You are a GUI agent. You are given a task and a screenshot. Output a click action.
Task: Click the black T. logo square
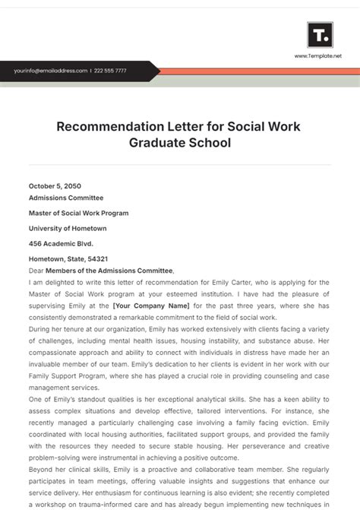pyautogui.click(x=319, y=35)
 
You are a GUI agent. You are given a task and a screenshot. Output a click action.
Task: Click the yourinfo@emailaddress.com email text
pyautogui.click(x=50, y=71)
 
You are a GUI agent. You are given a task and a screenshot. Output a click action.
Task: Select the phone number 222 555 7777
pyautogui.click(x=111, y=71)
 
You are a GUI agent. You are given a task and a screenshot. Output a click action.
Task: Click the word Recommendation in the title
pyautogui.click(x=116, y=125)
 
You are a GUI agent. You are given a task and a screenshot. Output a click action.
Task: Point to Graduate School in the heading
pyautogui.click(x=180, y=142)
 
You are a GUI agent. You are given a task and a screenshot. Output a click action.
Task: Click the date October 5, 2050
pyautogui.click(x=55, y=185)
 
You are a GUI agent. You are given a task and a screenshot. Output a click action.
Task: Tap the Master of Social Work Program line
pyautogui.click(x=78, y=213)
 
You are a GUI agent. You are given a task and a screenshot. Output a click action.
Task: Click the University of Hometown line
pyautogui.click(x=68, y=228)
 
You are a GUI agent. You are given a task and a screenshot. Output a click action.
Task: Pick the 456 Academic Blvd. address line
pyautogui.click(x=62, y=243)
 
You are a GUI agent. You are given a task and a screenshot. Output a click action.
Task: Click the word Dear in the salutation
pyautogui.click(x=36, y=270)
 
